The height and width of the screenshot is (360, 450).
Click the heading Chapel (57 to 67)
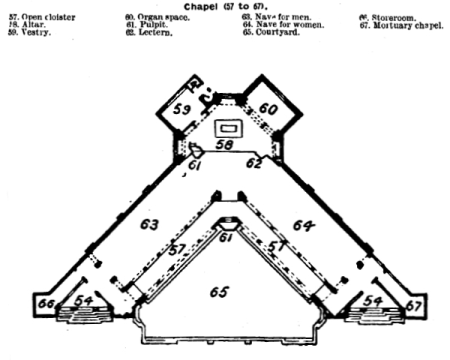pos(224,6)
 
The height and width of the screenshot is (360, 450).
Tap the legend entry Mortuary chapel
pos(399,25)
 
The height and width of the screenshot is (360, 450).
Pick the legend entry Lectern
pos(147,32)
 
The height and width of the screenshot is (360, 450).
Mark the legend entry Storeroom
pos(391,18)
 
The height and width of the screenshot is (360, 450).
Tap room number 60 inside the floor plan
pos(268,107)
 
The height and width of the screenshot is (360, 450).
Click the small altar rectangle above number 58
pos(229,129)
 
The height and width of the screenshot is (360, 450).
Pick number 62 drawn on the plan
pos(255,163)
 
